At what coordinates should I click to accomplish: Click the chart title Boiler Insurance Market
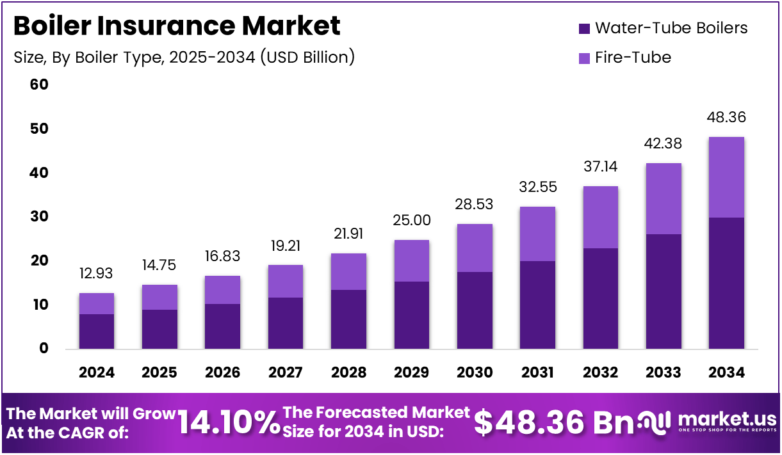pyautogui.click(x=177, y=26)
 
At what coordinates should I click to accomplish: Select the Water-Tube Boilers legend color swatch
pyautogui.click(x=583, y=28)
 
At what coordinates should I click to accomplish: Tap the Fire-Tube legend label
pyautogui.click(x=633, y=58)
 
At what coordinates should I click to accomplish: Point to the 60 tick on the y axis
pyautogui.click(x=39, y=85)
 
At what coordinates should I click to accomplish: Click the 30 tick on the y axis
pyautogui.click(x=39, y=217)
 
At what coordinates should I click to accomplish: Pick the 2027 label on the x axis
pyautogui.click(x=285, y=372)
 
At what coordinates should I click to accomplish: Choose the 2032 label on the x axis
pyautogui.click(x=600, y=372)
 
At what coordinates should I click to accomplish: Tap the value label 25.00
pyautogui.click(x=411, y=221)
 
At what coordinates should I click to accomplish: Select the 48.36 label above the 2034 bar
pyautogui.click(x=726, y=118)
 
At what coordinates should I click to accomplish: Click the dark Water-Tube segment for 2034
pyautogui.click(x=726, y=283)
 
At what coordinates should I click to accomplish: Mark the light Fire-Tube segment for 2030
pyautogui.click(x=475, y=248)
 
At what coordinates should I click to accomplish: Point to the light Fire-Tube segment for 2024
pyautogui.click(x=96, y=303)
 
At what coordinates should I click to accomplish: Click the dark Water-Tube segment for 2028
pyautogui.click(x=348, y=319)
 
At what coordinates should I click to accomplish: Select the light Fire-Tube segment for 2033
pyautogui.click(x=664, y=198)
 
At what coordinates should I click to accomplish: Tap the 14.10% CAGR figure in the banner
pyautogui.click(x=228, y=422)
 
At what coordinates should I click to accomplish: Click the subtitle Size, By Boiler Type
pyautogui.click(x=184, y=57)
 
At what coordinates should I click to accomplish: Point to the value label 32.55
pyautogui.click(x=537, y=188)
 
